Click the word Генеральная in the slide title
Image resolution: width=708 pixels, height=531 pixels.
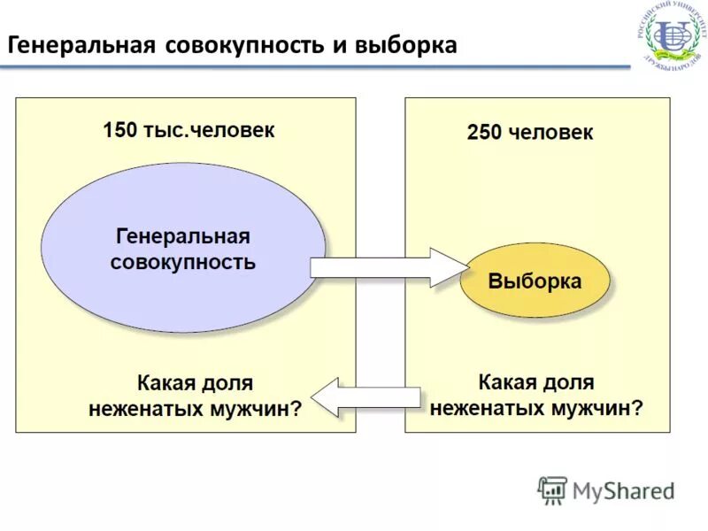click(81, 45)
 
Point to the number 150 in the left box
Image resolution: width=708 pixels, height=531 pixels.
click(120, 130)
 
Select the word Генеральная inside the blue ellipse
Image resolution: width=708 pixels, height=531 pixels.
click(183, 237)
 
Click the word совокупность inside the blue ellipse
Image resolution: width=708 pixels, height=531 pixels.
click(183, 262)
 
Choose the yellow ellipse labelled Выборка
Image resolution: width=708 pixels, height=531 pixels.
click(535, 282)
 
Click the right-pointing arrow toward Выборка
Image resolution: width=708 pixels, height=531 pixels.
click(389, 266)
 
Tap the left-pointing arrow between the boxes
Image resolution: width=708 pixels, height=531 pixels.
click(366, 396)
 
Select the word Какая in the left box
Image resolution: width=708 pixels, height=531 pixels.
click(166, 384)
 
